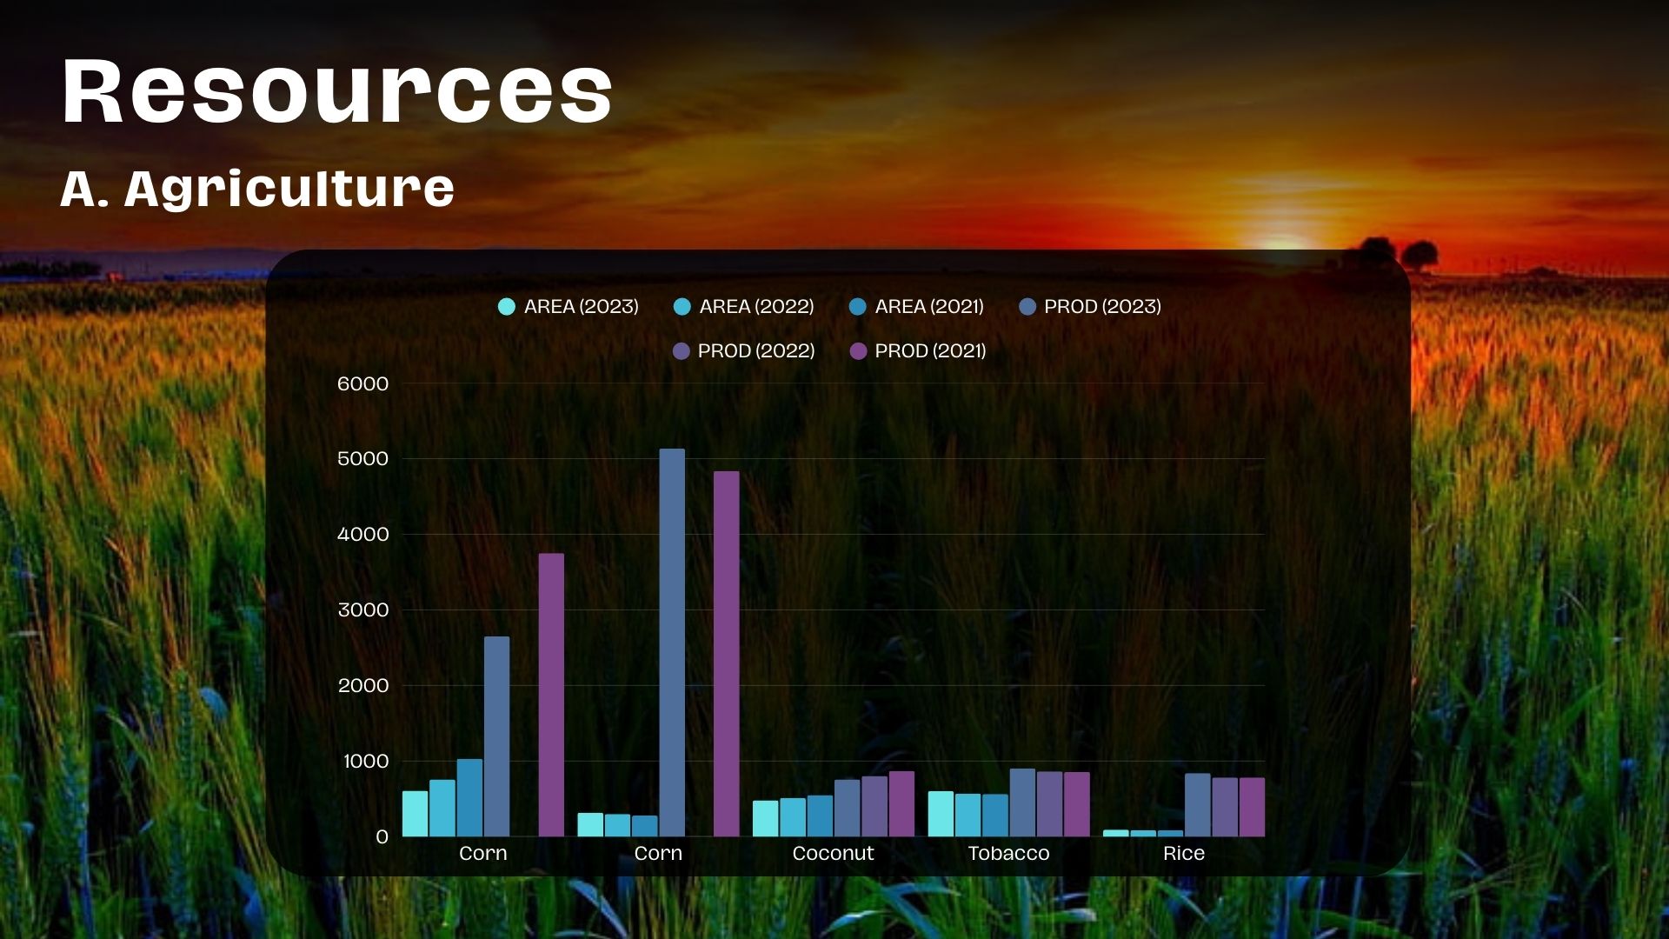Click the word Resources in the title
click(x=337, y=90)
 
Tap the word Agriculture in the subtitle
click(x=289, y=189)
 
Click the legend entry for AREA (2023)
click(x=569, y=306)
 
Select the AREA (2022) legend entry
click(x=744, y=306)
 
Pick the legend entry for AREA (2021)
click(x=916, y=306)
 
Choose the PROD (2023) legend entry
click(x=1090, y=306)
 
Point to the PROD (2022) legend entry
click(x=744, y=350)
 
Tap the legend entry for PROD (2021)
click(x=918, y=350)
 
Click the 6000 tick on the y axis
click(x=362, y=383)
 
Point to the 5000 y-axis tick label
click(x=362, y=459)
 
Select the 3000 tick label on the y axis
click(x=362, y=610)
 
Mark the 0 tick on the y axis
click(x=382, y=837)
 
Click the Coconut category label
click(x=833, y=853)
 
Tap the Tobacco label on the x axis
click(x=1008, y=853)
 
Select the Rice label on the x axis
click(x=1184, y=853)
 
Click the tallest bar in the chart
click(x=672, y=643)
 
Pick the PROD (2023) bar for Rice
click(x=1197, y=805)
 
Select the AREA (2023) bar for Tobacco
click(x=941, y=814)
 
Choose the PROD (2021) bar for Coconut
click(x=901, y=804)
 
